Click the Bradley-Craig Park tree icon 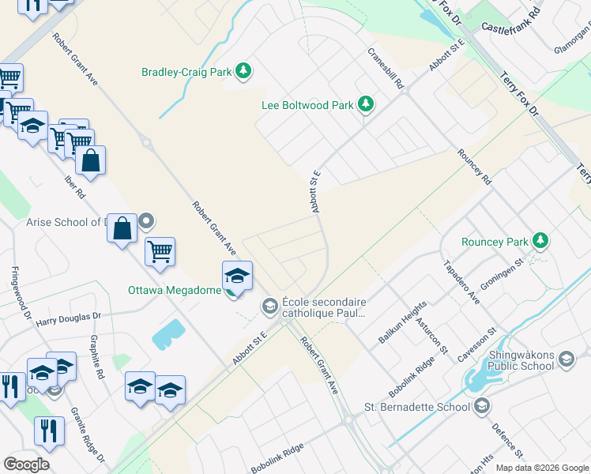(244, 72)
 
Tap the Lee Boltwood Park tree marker (366, 104)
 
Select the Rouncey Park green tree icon (540, 239)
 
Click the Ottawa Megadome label (174, 290)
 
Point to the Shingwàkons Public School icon (566, 360)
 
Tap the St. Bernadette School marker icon (483, 407)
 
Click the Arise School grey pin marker (147, 222)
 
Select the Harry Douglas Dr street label (69, 318)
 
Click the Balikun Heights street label (402, 322)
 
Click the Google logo (26, 465)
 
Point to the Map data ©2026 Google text (542, 468)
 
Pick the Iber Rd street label (74, 182)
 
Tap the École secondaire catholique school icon (269, 305)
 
